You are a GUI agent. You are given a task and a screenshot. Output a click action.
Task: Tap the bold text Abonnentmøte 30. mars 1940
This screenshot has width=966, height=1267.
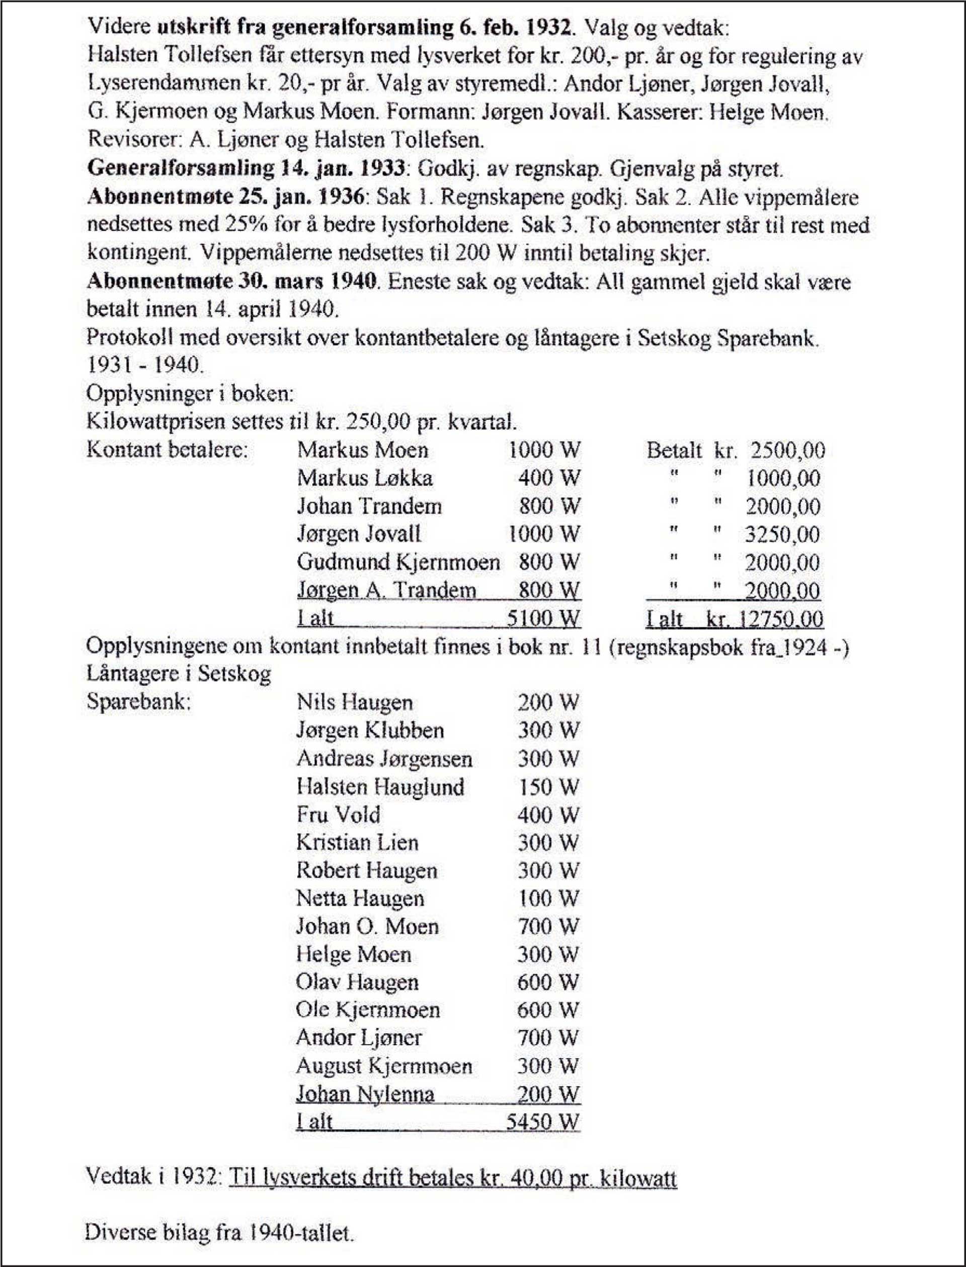tap(232, 282)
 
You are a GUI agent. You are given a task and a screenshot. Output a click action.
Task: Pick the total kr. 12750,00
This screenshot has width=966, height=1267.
tap(765, 619)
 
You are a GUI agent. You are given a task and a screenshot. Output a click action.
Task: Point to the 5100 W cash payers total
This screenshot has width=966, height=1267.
tap(543, 619)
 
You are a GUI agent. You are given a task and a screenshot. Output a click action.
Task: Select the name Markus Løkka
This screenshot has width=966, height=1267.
tap(365, 478)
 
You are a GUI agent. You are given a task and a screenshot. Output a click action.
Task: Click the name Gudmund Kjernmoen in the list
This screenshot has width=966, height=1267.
tap(398, 562)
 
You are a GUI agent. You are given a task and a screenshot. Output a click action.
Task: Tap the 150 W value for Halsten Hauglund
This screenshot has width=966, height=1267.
tap(548, 787)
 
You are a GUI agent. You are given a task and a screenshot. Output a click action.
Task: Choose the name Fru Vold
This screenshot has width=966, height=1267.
tap(338, 815)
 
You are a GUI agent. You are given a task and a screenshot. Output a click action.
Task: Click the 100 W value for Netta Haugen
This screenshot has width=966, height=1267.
tap(548, 898)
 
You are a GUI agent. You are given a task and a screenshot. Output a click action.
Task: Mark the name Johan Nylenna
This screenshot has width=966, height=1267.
tap(365, 1093)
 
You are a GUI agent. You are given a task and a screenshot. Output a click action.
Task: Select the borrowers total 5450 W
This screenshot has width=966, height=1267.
tap(542, 1122)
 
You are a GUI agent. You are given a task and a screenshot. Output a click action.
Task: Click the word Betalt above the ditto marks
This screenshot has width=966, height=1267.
tap(674, 450)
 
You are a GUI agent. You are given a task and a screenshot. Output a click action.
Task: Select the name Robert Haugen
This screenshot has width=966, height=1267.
tap(366, 870)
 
